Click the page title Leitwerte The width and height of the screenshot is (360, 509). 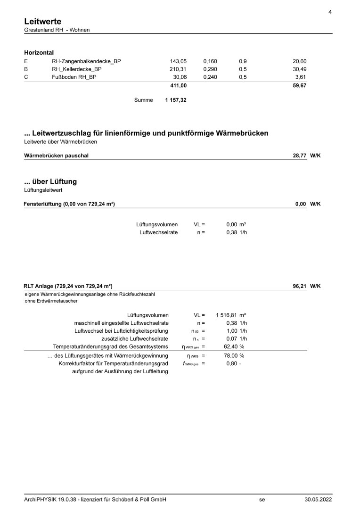point(42,21)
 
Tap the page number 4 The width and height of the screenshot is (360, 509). point(330,12)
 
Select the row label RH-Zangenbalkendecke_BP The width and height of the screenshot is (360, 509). point(86,61)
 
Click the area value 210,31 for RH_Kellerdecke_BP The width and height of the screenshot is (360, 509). point(179,69)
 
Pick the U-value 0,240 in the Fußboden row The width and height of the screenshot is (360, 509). point(210,77)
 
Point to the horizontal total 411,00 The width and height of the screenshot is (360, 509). point(179,85)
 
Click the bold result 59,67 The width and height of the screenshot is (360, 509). point(299,85)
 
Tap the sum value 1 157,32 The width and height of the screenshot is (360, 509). point(176,100)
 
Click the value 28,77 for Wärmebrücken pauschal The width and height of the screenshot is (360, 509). point(300,155)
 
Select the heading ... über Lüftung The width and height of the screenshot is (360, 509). point(50,181)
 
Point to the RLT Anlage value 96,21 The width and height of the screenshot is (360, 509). point(300,286)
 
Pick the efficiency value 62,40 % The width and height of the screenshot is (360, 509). point(234,347)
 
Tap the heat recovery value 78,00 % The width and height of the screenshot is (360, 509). point(234,356)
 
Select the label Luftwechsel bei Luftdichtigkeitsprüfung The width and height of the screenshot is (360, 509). point(118,331)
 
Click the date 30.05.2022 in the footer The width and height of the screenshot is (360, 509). point(318,500)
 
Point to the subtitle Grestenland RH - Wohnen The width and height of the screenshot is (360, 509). point(57,30)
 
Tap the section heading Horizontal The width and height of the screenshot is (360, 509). point(39,52)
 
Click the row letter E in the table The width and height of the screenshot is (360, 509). point(26,61)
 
